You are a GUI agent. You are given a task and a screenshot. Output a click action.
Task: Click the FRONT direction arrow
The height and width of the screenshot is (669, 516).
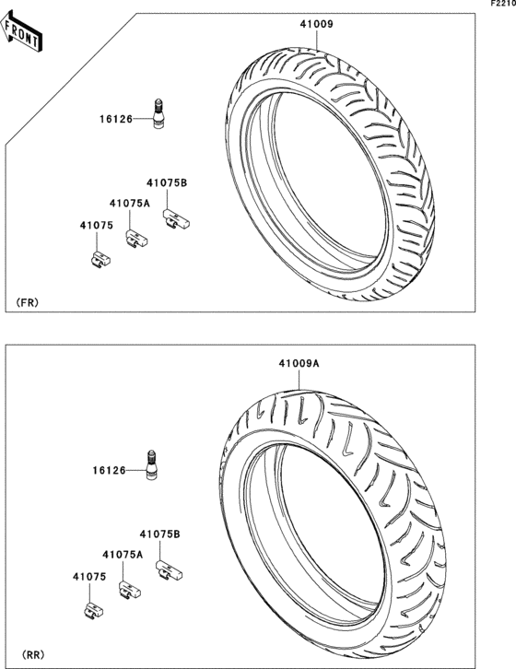20,31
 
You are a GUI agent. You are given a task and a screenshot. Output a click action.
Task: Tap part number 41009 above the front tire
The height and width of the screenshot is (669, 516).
316,24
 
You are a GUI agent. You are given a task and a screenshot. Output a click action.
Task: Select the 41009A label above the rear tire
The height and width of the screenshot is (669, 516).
299,363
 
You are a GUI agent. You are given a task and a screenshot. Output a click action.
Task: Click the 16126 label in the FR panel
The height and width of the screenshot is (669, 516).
116,119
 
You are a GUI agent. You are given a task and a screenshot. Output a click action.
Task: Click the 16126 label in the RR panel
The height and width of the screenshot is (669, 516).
110,471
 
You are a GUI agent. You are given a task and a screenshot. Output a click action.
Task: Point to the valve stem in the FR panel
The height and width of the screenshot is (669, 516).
158,113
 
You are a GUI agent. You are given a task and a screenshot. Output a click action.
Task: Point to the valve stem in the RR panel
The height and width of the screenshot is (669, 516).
151,465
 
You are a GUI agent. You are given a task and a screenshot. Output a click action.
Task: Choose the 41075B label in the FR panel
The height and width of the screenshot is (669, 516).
167,183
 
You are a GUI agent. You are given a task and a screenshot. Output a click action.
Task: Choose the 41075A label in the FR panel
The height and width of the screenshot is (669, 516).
130,204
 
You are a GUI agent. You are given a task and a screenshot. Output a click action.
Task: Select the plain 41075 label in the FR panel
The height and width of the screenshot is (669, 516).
97,226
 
